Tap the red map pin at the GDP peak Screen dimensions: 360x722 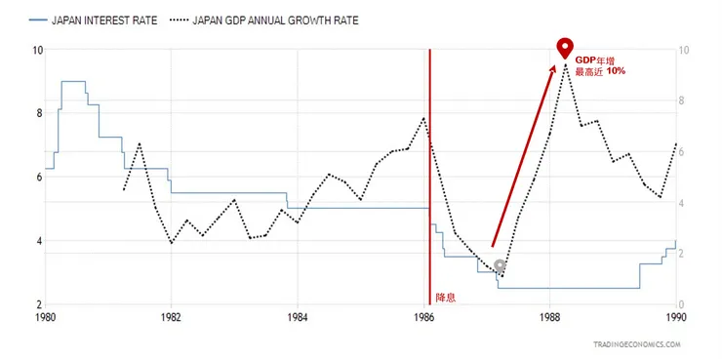tap(565, 48)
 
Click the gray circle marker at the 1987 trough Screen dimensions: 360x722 tap(500, 265)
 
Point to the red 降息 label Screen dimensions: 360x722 tap(443, 296)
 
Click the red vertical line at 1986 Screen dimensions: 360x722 tap(429, 176)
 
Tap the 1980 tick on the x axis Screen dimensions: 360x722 tap(45, 317)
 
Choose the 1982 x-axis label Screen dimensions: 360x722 tap(171, 317)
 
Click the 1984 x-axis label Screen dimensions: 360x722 tap(298, 317)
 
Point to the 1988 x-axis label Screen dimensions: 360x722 tap(550, 317)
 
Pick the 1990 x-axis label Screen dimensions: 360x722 tap(675, 317)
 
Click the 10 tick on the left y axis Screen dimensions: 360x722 tap(36, 50)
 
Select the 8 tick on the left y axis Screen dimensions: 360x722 tap(38, 113)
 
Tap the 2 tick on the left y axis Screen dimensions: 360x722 tap(38, 304)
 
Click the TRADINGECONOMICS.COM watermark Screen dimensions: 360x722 tap(635, 344)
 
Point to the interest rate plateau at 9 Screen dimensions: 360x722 tap(73, 82)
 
